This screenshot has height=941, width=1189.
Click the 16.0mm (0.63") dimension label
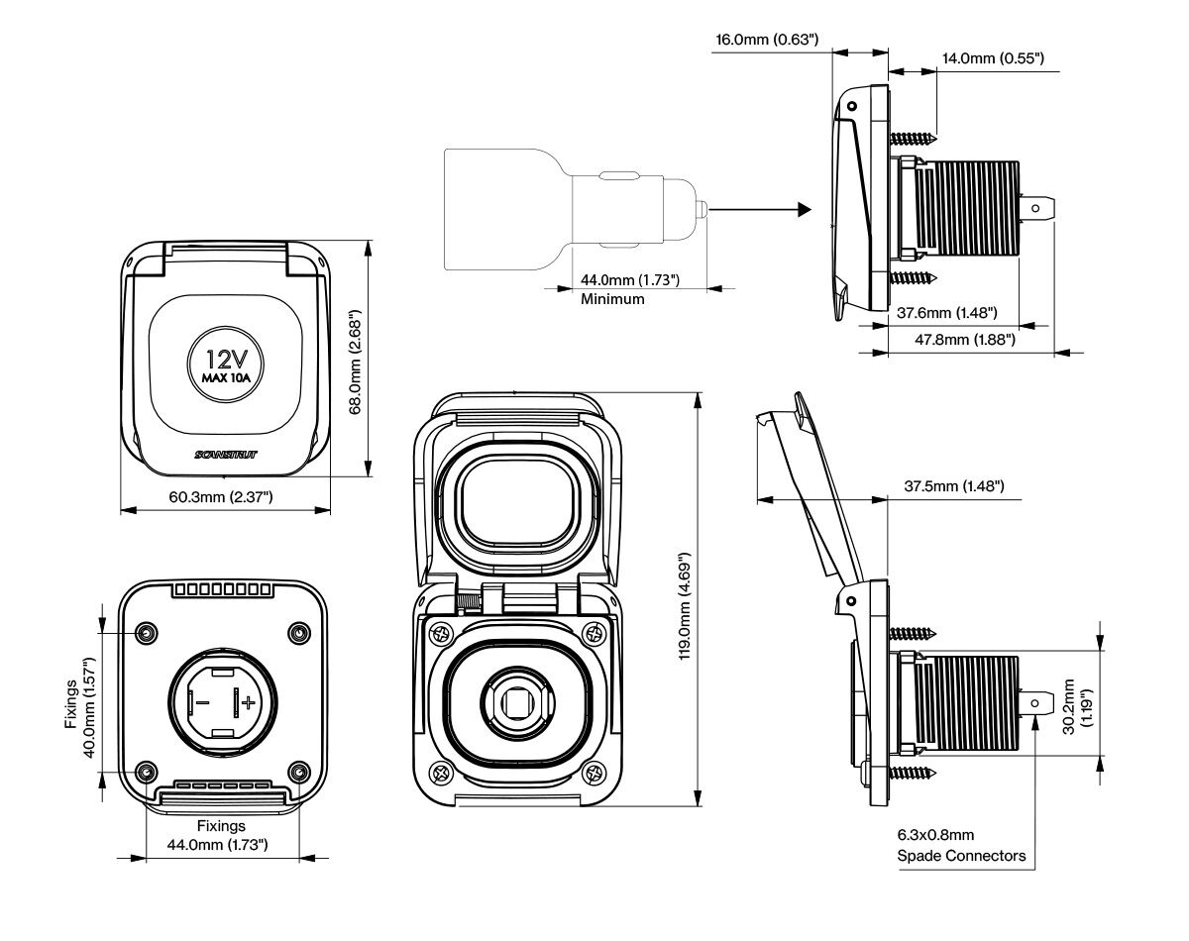click(767, 40)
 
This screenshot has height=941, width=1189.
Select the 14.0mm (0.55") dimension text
click(993, 58)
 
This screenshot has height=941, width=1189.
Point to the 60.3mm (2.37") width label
click(221, 496)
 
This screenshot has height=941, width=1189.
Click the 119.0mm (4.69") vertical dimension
click(685, 605)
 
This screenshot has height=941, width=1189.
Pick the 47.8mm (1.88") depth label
click(965, 340)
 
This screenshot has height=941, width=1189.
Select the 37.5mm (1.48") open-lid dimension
click(954, 486)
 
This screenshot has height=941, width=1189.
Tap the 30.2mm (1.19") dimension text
click(1077, 706)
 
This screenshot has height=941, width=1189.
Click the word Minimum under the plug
click(612, 299)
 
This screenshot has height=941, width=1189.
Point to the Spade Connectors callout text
click(961, 856)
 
